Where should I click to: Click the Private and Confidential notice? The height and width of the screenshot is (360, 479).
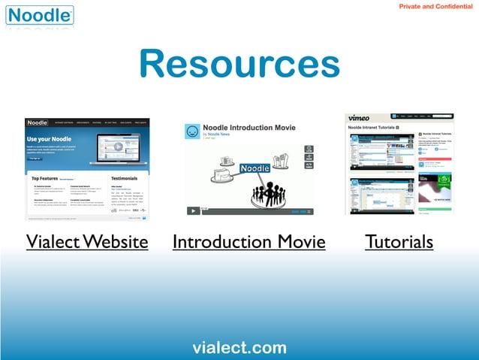point(435,7)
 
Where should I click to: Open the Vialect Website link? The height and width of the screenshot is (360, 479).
point(87,242)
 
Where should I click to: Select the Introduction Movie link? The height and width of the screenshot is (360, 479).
point(249,242)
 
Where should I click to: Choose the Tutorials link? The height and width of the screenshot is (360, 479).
point(399,242)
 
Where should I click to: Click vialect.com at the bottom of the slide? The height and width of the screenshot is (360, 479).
point(239,347)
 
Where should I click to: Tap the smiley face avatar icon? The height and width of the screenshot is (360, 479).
point(193,132)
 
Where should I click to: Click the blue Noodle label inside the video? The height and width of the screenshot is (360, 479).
point(255,168)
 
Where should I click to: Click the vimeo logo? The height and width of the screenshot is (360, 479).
point(359,118)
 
